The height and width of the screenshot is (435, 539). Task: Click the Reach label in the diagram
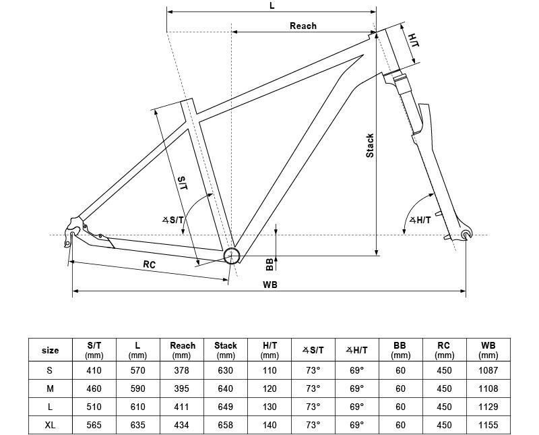point(303,26)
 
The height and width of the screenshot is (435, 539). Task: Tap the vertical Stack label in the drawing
point(370,146)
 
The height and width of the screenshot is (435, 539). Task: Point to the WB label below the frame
point(270,285)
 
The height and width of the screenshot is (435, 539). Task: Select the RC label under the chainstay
point(149,264)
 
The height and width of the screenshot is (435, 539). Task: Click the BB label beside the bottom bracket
point(270,264)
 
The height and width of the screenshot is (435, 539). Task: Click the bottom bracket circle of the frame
point(231,256)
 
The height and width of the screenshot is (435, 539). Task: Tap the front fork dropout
point(466,233)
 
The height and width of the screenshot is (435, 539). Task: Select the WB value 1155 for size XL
point(488,425)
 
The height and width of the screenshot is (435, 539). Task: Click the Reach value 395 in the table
point(181,388)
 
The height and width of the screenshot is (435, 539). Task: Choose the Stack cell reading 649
point(226,407)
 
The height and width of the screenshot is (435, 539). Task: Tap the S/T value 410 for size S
point(94,370)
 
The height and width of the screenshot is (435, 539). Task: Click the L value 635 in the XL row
point(138,425)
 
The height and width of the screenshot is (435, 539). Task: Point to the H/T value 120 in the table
point(269,388)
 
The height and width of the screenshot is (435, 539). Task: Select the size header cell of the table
point(50,350)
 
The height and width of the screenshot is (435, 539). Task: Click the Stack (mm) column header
point(226,350)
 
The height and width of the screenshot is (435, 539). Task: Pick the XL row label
point(50,425)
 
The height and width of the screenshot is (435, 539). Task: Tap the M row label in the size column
point(50,388)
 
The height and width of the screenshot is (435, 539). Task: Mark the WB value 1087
point(488,370)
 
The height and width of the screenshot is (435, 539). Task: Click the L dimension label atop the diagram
point(272,5)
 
